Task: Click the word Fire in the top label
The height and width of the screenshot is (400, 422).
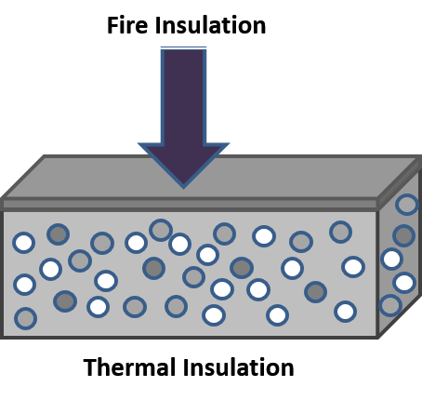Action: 127,25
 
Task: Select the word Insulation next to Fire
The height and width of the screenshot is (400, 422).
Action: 210,25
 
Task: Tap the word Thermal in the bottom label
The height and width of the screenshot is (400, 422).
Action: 129,367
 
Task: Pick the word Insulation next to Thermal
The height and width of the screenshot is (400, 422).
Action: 239,367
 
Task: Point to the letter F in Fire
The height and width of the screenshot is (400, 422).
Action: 112,25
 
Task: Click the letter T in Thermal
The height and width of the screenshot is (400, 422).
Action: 90,367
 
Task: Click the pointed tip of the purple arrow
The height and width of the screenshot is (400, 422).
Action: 183,187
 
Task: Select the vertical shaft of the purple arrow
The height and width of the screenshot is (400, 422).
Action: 183,96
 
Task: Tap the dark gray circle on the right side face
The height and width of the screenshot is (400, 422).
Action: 403,235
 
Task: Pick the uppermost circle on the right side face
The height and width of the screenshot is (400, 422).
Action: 407,205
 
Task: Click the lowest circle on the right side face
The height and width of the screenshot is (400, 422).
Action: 390,305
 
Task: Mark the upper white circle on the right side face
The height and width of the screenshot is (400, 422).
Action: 391,259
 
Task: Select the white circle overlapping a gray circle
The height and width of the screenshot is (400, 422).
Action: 179,244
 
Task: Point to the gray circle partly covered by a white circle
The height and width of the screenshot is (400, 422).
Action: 160,230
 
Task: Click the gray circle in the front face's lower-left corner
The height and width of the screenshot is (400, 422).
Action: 26,318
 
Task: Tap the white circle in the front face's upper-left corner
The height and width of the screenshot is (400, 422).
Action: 23,243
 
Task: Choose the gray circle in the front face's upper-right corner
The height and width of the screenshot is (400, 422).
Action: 340,232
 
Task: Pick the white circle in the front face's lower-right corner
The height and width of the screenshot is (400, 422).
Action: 345,312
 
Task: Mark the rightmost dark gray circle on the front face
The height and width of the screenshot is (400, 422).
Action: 315,292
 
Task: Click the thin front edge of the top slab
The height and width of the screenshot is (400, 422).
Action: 189,205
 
